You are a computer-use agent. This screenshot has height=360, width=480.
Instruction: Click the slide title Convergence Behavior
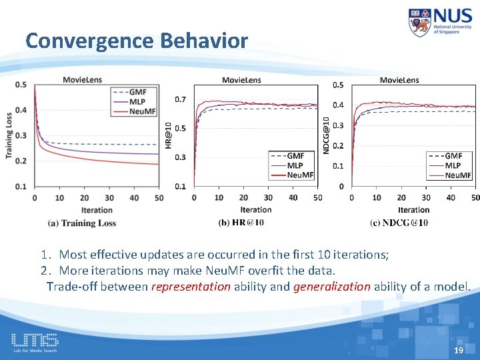pos(137,41)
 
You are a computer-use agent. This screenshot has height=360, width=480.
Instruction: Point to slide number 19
pos(458,350)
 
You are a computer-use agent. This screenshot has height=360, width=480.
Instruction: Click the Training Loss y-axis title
pos(9,135)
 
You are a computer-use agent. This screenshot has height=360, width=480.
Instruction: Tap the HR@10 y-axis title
pos(168,135)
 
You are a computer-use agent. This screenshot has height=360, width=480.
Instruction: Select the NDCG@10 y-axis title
pos(326,135)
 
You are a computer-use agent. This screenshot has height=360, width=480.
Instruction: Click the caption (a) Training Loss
pos(82,223)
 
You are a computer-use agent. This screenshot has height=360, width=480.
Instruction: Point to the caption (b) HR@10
pos(241,222)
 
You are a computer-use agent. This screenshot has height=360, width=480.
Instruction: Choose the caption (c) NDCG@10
pos(399,222)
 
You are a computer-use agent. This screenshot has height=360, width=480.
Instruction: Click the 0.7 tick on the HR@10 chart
pos(181,100)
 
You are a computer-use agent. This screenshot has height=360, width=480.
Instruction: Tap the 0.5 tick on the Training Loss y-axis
pos(21,85)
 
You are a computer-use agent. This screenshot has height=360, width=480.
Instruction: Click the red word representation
pos(191,287)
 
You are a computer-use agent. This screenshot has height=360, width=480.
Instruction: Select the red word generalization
pos(331,287)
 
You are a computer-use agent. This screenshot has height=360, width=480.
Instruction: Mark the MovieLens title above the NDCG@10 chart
pos(399,80)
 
